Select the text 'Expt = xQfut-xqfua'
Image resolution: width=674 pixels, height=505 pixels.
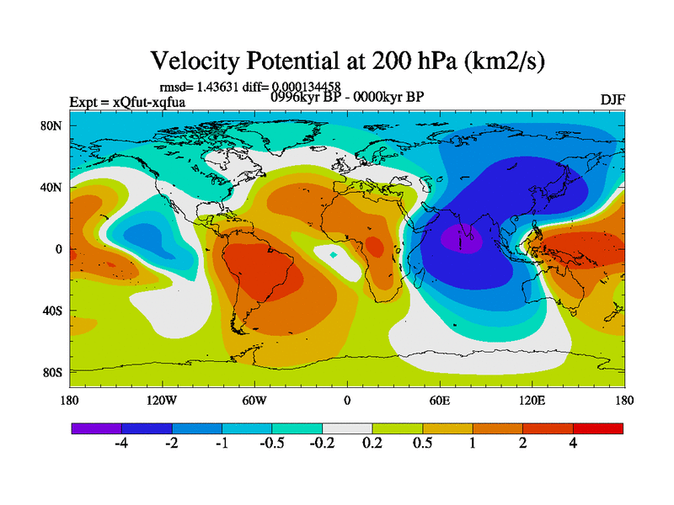pyautogui.click(x=127, y=102)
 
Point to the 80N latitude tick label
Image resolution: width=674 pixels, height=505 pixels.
pyautogui.click(x=53, y=125)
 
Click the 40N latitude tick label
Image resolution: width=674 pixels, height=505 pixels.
pyautogui.click(x=53, y=187)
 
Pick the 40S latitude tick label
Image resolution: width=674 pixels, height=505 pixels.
pyautogui.click(x=54, y=311)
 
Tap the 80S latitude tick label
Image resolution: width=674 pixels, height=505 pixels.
pyautogui.click(x=54, y=372)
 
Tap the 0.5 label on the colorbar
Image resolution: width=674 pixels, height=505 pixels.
pyautogui.click(x=422, y=444)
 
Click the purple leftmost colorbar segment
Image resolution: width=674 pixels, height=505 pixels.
pyautogui.click(x=96, y=428)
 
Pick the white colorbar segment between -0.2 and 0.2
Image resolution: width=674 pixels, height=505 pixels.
pyautogui.click(x=347, y=428)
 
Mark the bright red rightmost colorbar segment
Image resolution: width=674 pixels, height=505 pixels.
pyautogui.click(x=598, y=428)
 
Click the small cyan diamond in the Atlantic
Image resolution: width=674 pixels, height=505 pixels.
pyautogui.click(x=334, y=254)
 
